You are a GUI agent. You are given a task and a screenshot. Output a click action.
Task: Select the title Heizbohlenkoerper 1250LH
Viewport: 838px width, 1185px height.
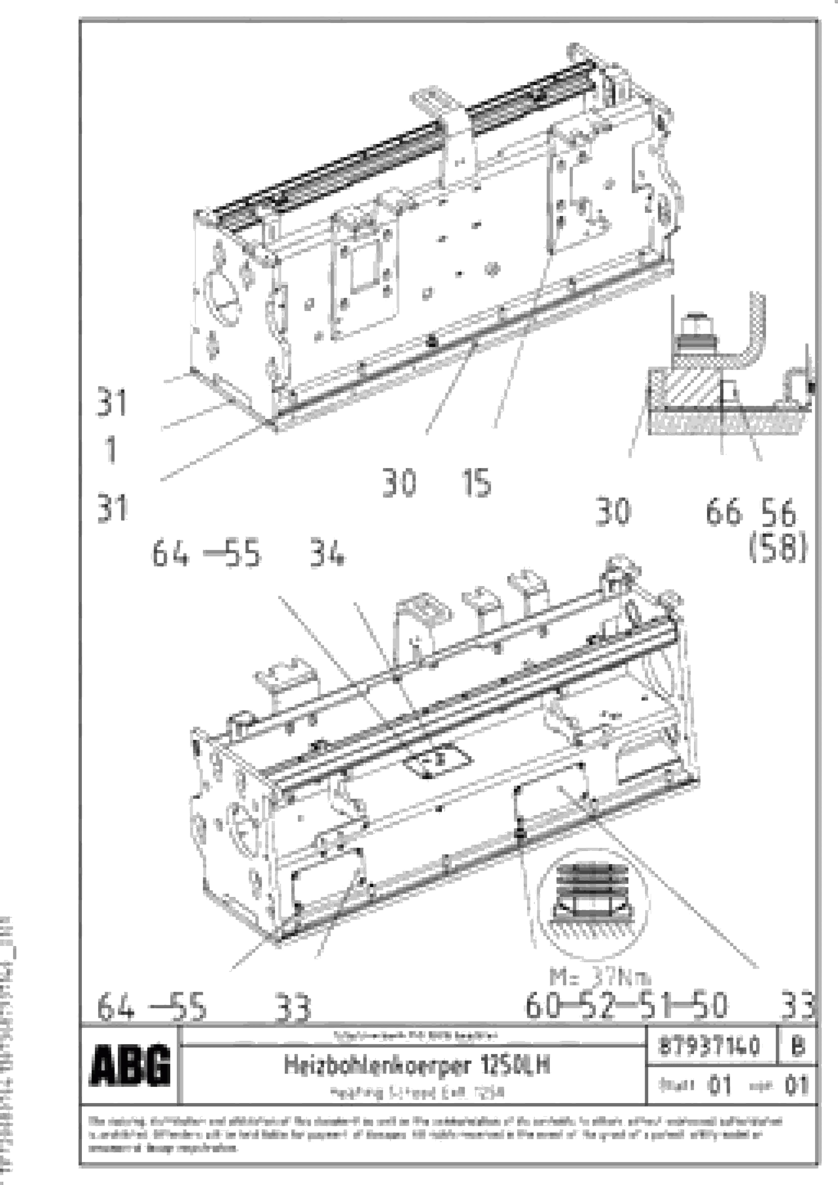[x=417, y=1065]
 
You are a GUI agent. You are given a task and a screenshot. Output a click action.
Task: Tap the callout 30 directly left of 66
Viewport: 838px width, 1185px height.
[x=613, y=513]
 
